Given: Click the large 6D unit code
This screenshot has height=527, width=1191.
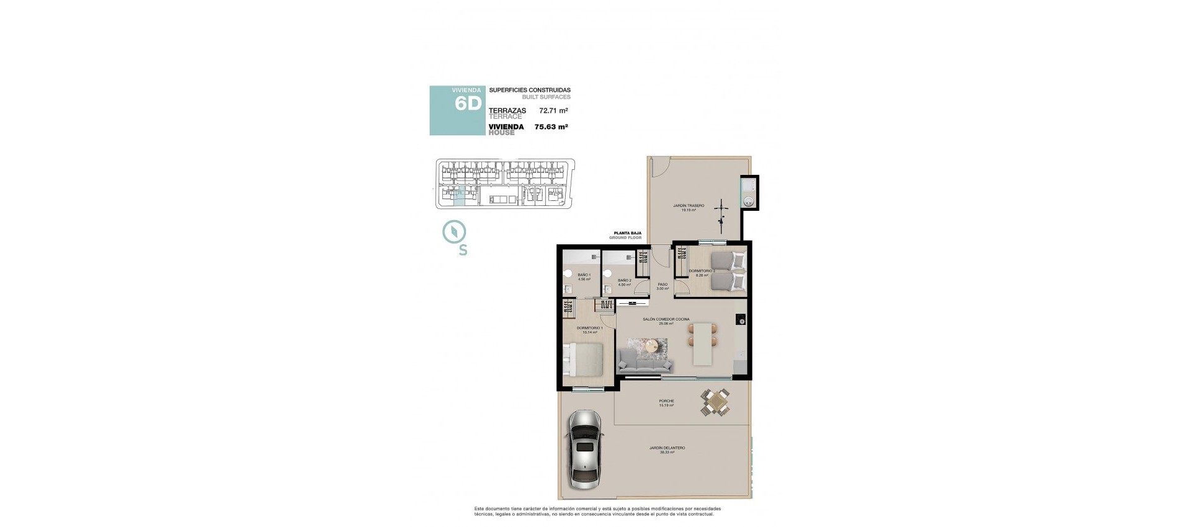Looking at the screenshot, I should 468,104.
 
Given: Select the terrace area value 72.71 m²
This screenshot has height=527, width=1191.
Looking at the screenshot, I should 553,111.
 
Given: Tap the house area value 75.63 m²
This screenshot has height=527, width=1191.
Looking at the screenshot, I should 551,127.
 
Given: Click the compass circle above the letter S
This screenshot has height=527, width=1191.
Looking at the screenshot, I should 455,232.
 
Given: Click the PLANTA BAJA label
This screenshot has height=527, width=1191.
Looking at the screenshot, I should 627,233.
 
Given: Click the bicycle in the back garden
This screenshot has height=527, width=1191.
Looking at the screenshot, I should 721,213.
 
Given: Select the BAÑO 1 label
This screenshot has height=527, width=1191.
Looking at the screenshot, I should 584,275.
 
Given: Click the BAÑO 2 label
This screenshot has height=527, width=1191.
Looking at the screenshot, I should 624,280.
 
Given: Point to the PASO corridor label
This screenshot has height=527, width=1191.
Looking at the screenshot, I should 662,285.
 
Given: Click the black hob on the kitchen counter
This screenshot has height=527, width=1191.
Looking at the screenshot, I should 741,321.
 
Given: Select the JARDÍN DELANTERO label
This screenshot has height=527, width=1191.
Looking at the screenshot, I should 667,448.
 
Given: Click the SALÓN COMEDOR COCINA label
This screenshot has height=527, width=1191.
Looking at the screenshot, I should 666,319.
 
